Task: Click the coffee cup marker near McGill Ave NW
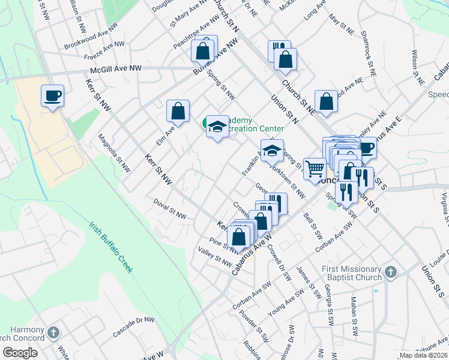52,95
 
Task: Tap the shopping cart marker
315,169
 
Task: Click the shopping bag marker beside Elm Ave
178,111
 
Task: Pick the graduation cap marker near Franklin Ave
272,151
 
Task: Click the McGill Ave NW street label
115,69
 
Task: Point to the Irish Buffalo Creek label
110,248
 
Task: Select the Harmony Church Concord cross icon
53,332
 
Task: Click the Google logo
20,352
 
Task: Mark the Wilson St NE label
414,62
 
